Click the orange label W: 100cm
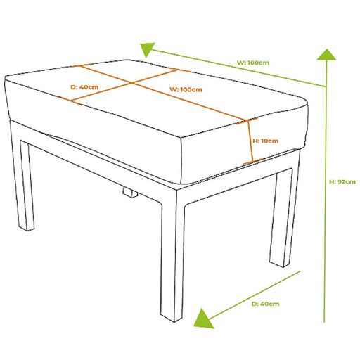point(186,89)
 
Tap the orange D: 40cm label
point(84,87)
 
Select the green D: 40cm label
point(265,304)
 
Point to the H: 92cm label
point(342,181)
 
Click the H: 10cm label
point(266,141)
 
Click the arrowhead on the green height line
point(326,55)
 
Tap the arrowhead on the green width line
point(147,49)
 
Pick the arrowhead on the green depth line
point(202,319)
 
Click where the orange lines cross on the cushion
point(131,83)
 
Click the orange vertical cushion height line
point(250,141)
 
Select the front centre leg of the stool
point(172,255)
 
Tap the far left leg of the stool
point(26,185)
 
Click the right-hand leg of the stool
point(281,218)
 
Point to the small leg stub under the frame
point(129,192)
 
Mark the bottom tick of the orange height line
point(253,161)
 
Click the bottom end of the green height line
point(324,322)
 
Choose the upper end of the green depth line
point(300,271)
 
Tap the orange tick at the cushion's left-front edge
point(70,101)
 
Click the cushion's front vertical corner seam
point(181,161)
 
